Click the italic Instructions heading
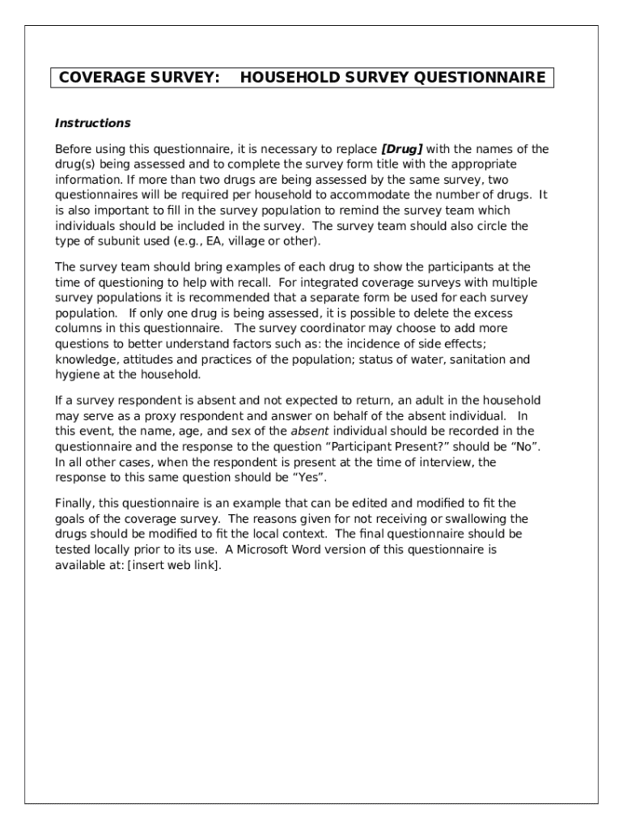point(92,123)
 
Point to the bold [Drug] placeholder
point(402,149)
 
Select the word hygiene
point(76,375)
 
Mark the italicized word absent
point(309,432)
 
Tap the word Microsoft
point(267,550)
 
